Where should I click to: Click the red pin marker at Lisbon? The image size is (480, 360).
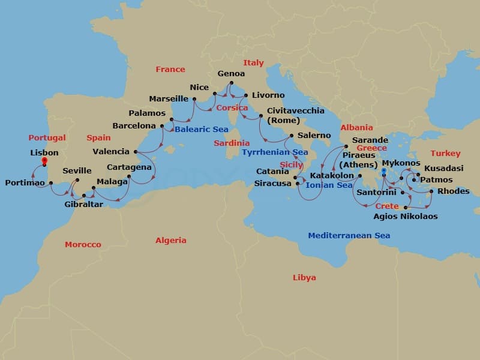point(44,161)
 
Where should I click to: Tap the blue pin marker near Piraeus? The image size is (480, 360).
point(383,171)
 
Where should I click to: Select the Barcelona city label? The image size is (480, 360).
point(134,126)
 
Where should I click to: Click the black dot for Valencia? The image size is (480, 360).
point(136,152)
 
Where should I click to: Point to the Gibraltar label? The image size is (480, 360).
point(83,205)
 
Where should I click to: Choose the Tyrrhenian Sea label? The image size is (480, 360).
point(275,152)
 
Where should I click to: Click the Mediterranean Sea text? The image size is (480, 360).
point(349,236)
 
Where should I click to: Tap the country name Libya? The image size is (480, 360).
point(304,278)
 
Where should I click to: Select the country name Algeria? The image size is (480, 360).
point(171,241)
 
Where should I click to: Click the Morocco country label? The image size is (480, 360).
point(83,245)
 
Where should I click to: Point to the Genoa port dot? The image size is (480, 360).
point(231,83)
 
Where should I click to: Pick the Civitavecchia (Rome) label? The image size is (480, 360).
point(295,115)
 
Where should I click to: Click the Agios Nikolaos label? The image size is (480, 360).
point(405,217)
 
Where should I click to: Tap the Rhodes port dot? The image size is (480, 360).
point(430,192)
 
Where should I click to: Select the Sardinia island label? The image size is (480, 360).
point(232,143)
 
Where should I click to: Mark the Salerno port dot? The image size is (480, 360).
point(291,136)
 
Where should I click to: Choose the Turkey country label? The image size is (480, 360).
point(445,154)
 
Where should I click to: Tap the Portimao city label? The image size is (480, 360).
point(25,182)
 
